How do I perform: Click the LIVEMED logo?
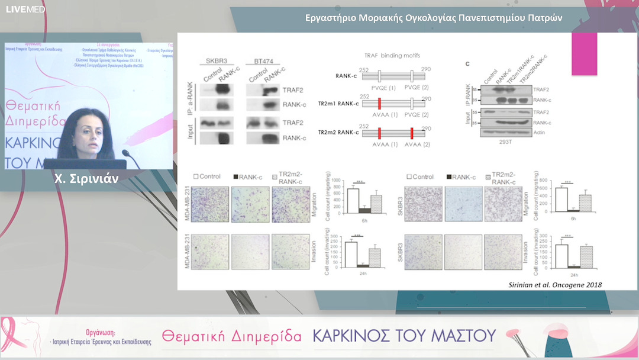click(16, 10)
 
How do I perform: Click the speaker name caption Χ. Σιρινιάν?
click(87, 178)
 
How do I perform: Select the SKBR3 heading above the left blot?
click(218, 61)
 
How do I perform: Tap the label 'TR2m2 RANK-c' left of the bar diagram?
click(338, 132)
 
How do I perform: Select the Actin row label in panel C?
click(540, 132)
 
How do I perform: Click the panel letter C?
click(467, 63)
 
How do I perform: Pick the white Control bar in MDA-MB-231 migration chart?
click(353, 200)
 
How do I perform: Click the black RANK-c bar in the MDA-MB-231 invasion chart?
click(363, 266)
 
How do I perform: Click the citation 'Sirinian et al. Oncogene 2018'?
click(556, 285)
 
